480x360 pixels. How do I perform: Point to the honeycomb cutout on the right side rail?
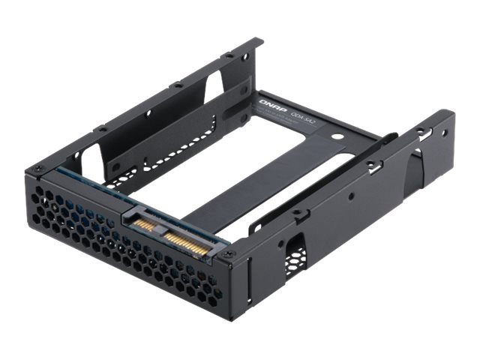point(293,255)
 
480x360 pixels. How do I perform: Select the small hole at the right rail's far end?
point(444,133)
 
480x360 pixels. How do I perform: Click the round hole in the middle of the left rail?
point(148,113)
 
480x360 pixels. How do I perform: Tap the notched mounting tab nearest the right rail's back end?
point(419,131)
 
